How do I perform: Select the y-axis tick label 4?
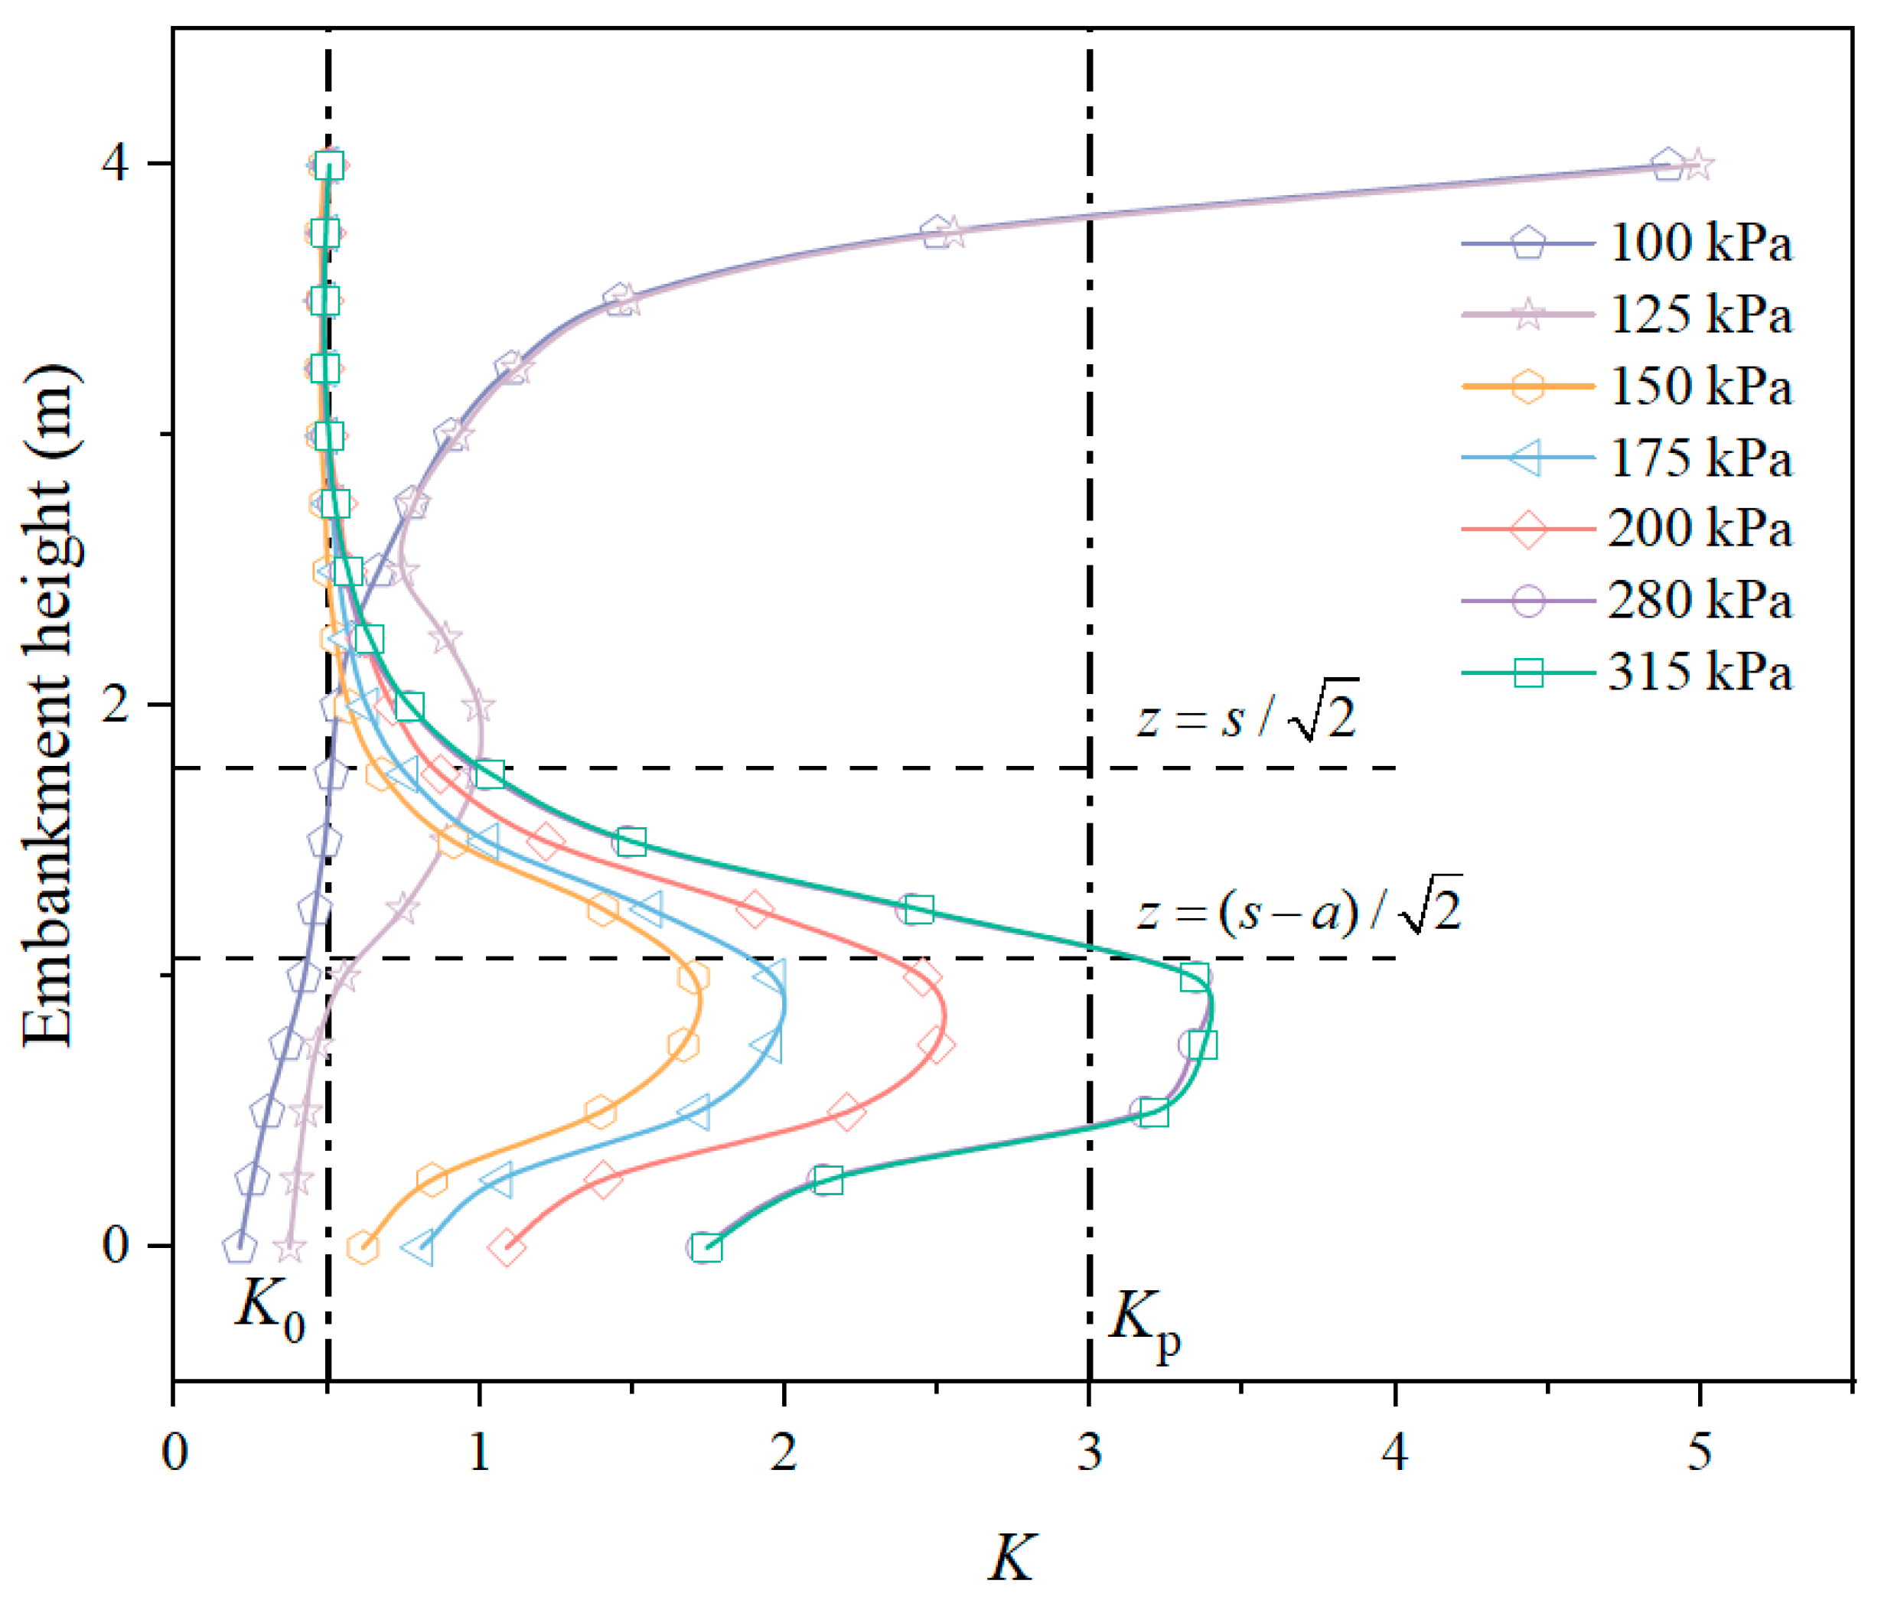116,165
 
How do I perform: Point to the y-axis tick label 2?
116,704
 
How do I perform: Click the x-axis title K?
1011,1558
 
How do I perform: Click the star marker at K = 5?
1699,166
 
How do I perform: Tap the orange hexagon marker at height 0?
363,1247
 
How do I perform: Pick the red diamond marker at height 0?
506,1247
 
